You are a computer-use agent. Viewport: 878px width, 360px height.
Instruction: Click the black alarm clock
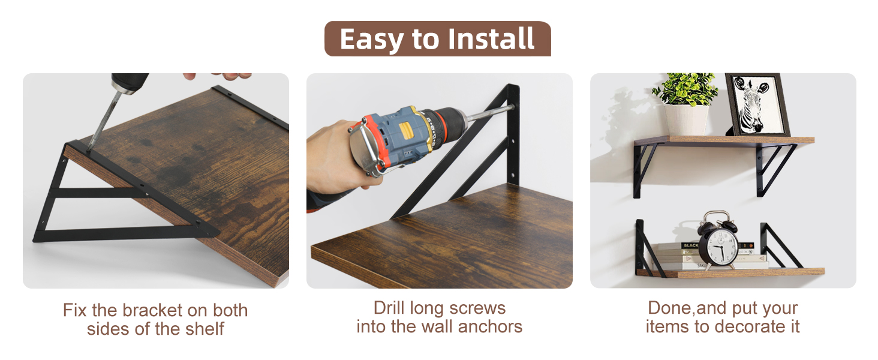[718, 241]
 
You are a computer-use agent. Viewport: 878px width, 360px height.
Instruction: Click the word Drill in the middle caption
[389, 308]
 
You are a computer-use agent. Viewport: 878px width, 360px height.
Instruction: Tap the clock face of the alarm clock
[718, 245]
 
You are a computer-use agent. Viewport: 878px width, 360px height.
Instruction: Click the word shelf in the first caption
[204, 328]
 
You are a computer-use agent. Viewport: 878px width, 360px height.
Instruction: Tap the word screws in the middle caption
[479, 308]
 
